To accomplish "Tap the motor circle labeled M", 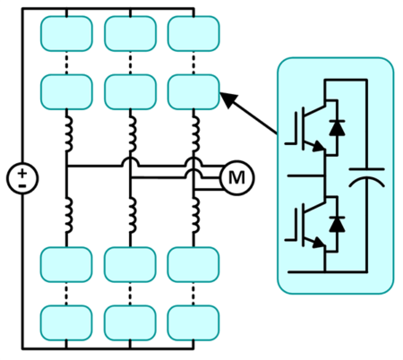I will [x=236, y=177].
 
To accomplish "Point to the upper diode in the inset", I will [x=337, y=128].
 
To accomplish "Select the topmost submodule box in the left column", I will [x=68, y=34].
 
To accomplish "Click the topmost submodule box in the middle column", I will [x=131, y=34].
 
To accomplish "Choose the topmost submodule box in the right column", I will [x=193, y=34].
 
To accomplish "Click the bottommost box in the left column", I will [x=68, y=321].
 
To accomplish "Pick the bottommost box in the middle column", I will [x=131, y=321].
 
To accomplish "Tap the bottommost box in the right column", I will [x=193, y=321].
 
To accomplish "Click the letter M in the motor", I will [x=236, y=177].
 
